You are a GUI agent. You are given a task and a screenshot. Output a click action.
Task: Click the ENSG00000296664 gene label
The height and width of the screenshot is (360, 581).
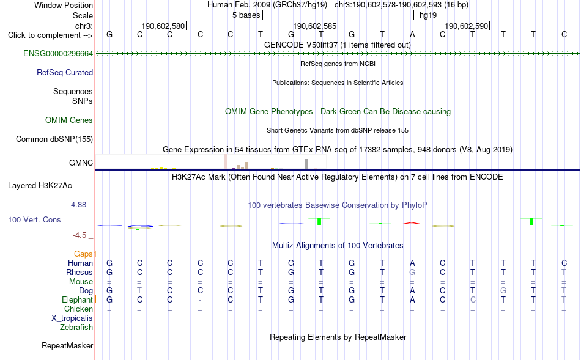58,54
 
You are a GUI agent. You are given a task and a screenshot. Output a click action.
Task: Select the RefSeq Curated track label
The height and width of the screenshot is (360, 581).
64,73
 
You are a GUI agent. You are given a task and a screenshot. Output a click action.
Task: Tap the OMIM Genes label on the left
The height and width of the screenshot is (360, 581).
69,120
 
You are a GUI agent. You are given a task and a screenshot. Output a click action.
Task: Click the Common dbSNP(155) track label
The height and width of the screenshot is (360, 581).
54,139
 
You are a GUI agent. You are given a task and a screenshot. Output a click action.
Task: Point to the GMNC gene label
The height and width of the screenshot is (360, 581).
81,163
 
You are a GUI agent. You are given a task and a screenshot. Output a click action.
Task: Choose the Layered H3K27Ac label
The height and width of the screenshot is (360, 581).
40,186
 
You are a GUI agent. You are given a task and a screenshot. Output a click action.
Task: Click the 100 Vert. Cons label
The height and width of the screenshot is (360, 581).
34,220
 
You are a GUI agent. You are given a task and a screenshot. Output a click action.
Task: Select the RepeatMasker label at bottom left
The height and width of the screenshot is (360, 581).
67,346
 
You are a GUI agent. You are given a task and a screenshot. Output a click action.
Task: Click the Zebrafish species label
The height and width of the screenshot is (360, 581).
76,328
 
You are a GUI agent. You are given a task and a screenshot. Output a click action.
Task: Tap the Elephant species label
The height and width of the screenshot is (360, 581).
77,300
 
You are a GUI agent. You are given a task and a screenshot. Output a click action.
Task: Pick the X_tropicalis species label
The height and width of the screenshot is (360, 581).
72,318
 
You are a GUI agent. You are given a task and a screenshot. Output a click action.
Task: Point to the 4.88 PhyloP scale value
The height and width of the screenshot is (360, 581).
78,205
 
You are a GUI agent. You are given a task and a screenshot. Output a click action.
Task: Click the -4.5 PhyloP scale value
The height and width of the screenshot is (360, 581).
80,235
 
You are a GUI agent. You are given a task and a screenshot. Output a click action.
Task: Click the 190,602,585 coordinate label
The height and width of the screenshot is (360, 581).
314,26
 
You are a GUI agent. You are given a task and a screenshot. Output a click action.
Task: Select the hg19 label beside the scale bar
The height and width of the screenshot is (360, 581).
428,15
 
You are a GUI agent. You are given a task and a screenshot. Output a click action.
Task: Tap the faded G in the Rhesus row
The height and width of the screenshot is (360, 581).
412,273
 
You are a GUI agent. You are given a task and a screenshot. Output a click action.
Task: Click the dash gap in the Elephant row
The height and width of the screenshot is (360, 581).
200,300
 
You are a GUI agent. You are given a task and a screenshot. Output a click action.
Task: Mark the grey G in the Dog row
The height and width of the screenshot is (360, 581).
503,291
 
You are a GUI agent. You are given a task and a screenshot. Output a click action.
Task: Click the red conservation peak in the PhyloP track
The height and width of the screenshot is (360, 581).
412,223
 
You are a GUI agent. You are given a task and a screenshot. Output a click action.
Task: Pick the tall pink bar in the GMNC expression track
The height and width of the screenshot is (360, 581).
225,162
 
